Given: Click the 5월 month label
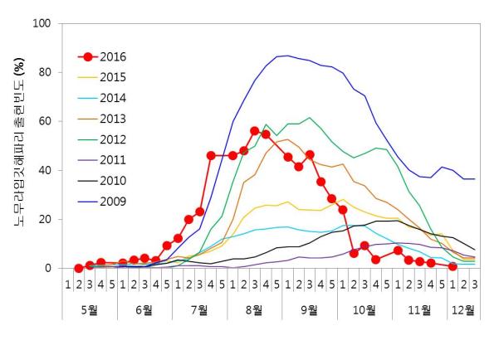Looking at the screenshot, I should [x=89, y=310].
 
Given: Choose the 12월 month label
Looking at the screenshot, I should [x=462, y=310].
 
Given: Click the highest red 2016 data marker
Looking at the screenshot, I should [x=255, y=131].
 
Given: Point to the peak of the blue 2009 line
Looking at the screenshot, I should [x=287, y=56].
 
